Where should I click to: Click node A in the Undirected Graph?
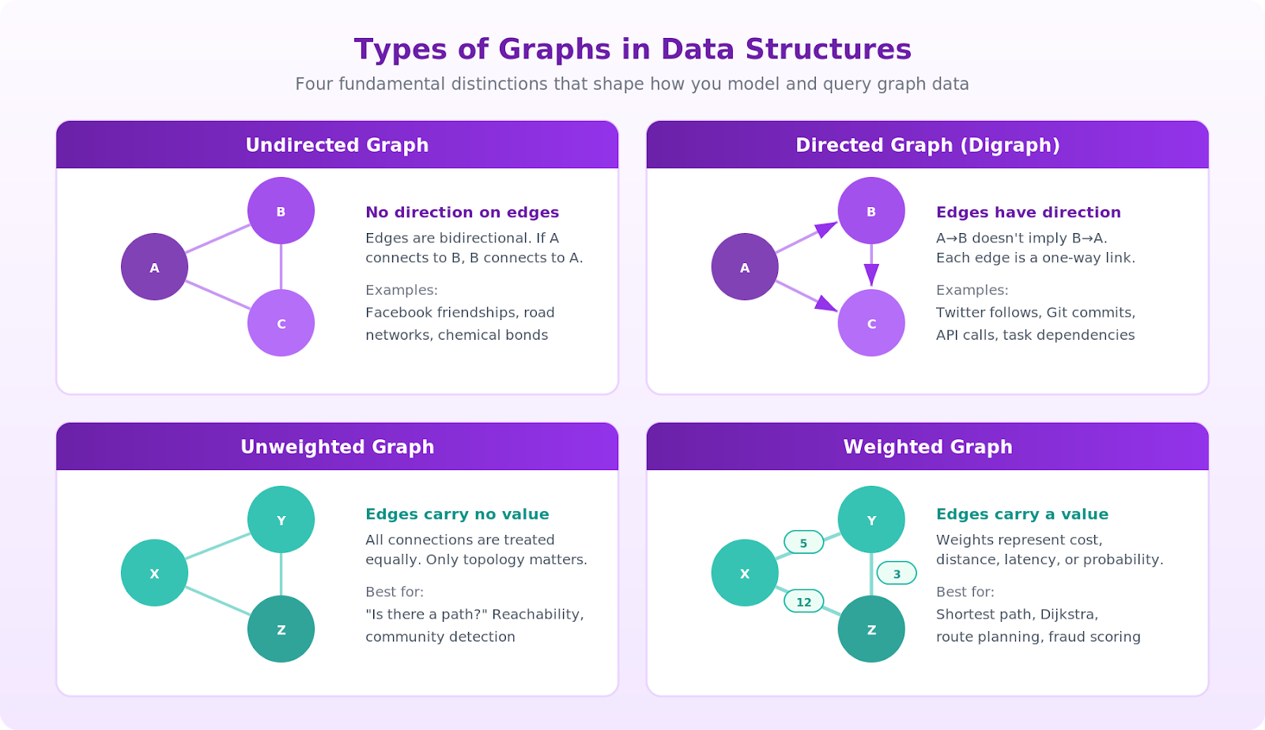[154, 267]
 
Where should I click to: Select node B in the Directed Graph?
[871, 211]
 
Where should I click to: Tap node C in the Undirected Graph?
[281, 323]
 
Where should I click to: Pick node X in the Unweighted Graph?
[154, 573]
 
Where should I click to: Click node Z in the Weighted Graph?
[871, 629]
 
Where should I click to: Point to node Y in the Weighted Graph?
[871, 520]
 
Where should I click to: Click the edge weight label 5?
[803, 543]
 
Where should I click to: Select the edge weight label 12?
[803, 602]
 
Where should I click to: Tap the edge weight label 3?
[897, 574]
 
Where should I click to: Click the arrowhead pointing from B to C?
[871, 274]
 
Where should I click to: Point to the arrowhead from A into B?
[825, 230]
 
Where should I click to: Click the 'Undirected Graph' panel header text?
[337, 145]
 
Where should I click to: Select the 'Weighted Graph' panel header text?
[927, 447]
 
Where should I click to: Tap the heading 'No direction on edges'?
[462, 213]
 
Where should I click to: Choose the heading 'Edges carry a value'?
[1021, 514]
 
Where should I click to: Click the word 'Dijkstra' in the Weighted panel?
[1068, 615]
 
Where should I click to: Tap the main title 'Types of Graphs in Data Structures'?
[632, 49]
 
